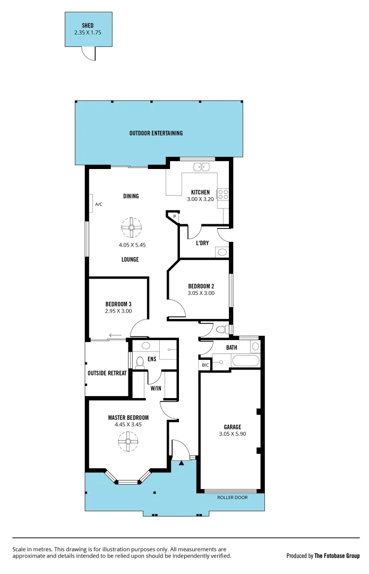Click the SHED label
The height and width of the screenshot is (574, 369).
(88, 25)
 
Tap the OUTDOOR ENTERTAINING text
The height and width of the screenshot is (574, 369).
(156, 133)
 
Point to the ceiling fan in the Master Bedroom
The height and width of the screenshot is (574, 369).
(128, 442)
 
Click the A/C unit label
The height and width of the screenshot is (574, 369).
(98, 204)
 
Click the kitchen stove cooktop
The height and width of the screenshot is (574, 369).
(223, 194)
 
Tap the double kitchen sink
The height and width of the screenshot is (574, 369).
(201, 166)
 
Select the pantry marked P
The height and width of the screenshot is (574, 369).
(175, 216)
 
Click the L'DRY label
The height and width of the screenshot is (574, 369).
(202, 243)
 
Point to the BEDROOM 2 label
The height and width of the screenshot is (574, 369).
(201, 285)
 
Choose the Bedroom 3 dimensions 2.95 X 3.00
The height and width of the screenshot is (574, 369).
(118, 311)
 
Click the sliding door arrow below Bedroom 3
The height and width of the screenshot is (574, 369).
(114, 335)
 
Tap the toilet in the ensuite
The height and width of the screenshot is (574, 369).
(140, 362)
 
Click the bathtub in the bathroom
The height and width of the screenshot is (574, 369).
(245, 361)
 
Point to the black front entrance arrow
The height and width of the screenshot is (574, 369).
(182, 463)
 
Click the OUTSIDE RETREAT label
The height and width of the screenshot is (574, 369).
(107, 373)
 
